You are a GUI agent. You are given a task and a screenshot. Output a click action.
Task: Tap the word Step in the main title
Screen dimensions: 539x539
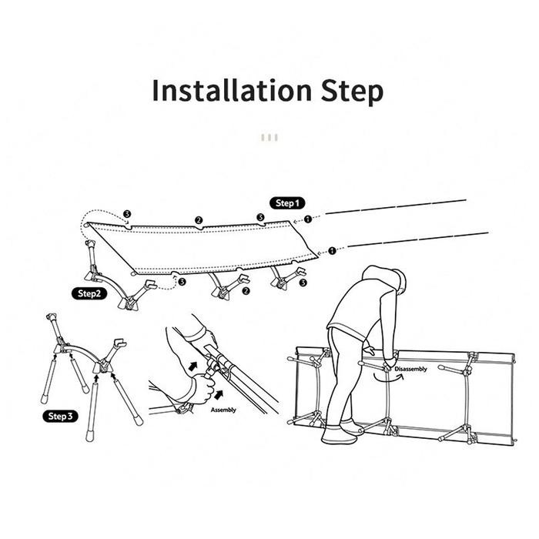352,92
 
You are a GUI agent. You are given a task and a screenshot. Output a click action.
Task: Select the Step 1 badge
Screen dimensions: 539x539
287,203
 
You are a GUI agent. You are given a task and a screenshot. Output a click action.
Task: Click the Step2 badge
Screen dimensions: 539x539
89,293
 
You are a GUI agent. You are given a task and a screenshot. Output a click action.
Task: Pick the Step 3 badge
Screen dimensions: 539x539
60,417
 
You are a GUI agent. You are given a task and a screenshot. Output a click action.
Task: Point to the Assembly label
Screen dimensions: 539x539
223,410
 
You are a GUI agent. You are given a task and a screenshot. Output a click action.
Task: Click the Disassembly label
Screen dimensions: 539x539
410,369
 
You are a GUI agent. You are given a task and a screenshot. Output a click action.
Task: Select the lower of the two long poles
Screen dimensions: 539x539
417,239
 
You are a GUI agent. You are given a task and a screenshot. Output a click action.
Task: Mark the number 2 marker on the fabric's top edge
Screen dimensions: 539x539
199,220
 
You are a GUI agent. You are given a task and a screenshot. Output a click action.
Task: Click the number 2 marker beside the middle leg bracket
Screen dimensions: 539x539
246,291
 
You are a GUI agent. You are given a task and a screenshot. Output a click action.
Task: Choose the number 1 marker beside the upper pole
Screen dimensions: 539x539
308,219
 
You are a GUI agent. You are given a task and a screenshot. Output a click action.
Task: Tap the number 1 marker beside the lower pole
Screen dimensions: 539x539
332,251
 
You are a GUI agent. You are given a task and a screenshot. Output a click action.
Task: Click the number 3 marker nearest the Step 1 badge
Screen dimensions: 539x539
260,217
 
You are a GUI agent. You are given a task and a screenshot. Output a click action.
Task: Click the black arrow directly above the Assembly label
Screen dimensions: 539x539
218,395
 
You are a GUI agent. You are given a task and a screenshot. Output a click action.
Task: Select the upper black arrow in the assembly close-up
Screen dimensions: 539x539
193,366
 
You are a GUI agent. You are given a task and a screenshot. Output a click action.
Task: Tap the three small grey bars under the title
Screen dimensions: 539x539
269,138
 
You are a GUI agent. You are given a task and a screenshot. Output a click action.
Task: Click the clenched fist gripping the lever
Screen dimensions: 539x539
204,388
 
